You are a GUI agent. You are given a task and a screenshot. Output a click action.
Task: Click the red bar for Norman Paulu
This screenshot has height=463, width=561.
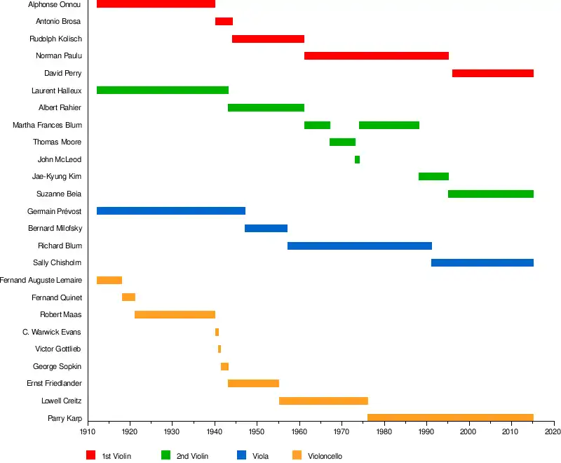click(x=376, y=55)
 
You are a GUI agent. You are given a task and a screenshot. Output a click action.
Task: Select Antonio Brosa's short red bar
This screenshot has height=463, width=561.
click(x=224, y=21)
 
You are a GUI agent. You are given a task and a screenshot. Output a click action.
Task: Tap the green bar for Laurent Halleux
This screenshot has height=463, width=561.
click(x=162, y=90)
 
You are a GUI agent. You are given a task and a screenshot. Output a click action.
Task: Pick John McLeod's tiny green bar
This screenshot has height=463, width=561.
click(x=357, y=159)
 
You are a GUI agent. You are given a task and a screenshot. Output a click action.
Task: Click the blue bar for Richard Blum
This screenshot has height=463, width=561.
click(x=359, y=246)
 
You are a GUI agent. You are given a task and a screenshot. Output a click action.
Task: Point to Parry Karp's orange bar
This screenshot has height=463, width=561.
click(x=450, y=418)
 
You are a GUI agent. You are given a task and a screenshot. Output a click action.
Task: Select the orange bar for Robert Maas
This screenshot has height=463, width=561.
click(x=175, y=314)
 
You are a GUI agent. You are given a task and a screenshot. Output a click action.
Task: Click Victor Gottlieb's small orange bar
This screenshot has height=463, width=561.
click(x=219, y=349)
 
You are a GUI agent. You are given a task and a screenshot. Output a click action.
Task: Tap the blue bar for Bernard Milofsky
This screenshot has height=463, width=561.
click(x=266, y=228)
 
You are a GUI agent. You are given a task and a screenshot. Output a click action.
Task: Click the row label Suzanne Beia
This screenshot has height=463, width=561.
click(x=59, y=194)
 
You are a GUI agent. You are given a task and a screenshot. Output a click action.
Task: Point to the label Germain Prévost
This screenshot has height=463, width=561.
click(x=55, y=211)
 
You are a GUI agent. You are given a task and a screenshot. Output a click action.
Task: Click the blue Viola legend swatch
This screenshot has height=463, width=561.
click(x=242, y=455)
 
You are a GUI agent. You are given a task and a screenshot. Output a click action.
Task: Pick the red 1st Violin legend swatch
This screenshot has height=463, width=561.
click(x=91, y=455)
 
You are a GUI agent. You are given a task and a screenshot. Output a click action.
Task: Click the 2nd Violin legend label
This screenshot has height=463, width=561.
click(x=192, y=456)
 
